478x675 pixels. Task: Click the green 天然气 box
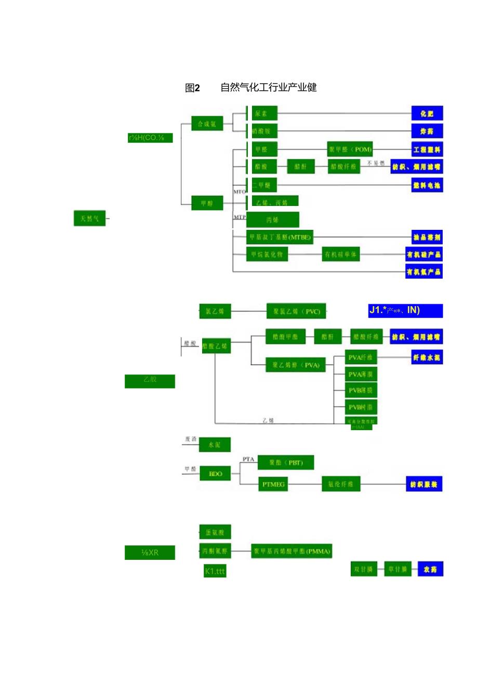[x=89, y=219]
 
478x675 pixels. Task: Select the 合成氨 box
[x=207, y=123]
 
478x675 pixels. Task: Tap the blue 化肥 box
[x=427, y=113]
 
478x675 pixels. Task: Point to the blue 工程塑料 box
[x=427, y=150]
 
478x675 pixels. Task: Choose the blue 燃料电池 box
[x=427, y=185]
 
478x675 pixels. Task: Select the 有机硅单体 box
[x=341, y=254]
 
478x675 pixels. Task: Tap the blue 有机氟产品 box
[x=424, y=271]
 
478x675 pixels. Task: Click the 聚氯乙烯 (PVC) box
[x=297, y=311]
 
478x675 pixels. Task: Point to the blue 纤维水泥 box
[x=427, y=357]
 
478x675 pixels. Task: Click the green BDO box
[x=215, y=473]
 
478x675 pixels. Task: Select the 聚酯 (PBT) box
[x=286, y=462]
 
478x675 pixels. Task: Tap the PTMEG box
[x=274, y=485]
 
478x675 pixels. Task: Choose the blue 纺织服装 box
[x=424, y=485]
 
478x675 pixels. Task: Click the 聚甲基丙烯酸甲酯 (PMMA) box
[x=292, y=550]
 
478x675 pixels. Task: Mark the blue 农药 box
[x=430, y=569]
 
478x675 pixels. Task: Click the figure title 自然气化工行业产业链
[x=269, y=88]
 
